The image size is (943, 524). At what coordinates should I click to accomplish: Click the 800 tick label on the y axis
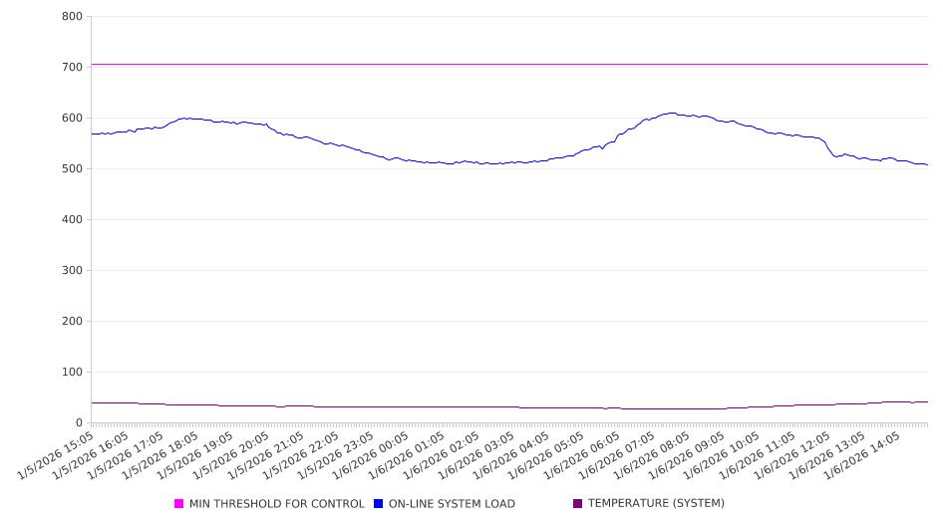coord(72,16)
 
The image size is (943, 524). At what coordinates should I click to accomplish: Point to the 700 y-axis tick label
coord(72,67)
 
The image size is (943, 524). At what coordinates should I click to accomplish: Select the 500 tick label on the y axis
coord(72,168)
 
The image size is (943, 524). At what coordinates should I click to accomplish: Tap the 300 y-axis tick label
coord(72,270)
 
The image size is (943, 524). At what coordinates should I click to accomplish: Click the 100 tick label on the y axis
coord(72,372)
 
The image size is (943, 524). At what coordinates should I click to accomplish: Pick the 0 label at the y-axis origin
coord(79,422)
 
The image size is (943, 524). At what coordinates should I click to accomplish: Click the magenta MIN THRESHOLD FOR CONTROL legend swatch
coord(179,504)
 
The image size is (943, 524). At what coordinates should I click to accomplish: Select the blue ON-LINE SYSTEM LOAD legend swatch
coord(379,504)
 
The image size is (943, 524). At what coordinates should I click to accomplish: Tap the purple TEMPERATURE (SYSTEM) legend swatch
coord(578,504)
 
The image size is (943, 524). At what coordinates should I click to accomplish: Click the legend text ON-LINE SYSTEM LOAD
coord(452,504)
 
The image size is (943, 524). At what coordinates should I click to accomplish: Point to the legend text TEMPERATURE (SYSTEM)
coord(656,504)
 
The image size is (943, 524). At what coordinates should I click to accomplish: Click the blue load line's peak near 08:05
coord(672,114)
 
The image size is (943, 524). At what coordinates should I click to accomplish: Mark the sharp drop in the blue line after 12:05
coord(829,148)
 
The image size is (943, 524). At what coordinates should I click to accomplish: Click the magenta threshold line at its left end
coord(93,64)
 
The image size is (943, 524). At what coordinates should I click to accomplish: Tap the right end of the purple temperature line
coord(926,401)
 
